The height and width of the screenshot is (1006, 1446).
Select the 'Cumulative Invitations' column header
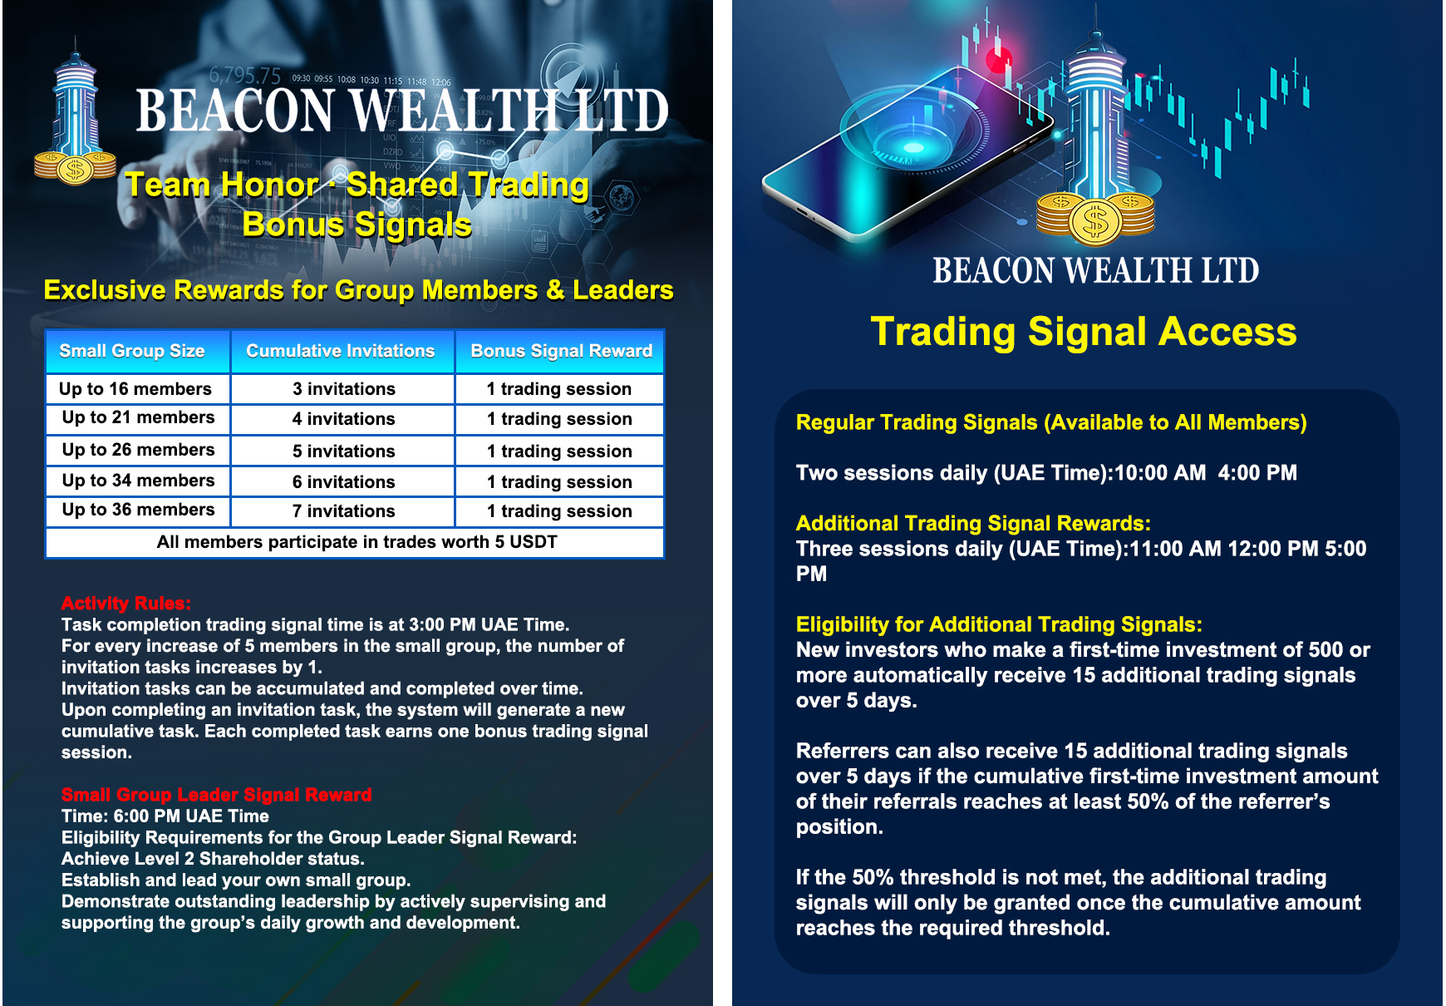[342, 351]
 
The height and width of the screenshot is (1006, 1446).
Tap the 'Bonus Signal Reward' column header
[561, 351]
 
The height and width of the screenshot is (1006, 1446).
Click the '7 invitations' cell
[343, 511]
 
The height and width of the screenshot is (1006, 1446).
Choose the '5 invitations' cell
[343, 451]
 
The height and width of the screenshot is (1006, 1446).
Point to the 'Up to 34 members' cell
[137, 481]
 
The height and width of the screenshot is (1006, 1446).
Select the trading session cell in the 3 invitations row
[559, 389]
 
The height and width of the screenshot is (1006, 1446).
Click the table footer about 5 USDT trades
[357, 542]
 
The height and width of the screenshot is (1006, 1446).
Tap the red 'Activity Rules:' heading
[125, 603]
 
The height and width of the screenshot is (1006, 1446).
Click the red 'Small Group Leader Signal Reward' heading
[216, 794]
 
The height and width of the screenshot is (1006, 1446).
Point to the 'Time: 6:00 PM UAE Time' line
[165, 816]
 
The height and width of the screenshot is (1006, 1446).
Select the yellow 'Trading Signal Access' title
[1083, 331]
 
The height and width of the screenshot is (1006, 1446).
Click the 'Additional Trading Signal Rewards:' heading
[973, 523]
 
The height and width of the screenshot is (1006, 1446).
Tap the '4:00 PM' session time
[1257, 473]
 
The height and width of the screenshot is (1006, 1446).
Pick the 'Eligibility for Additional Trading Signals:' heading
[999, 624]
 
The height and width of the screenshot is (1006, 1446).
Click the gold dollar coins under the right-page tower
[1095, 218]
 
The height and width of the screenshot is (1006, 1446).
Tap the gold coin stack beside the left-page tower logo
[75, 168]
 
